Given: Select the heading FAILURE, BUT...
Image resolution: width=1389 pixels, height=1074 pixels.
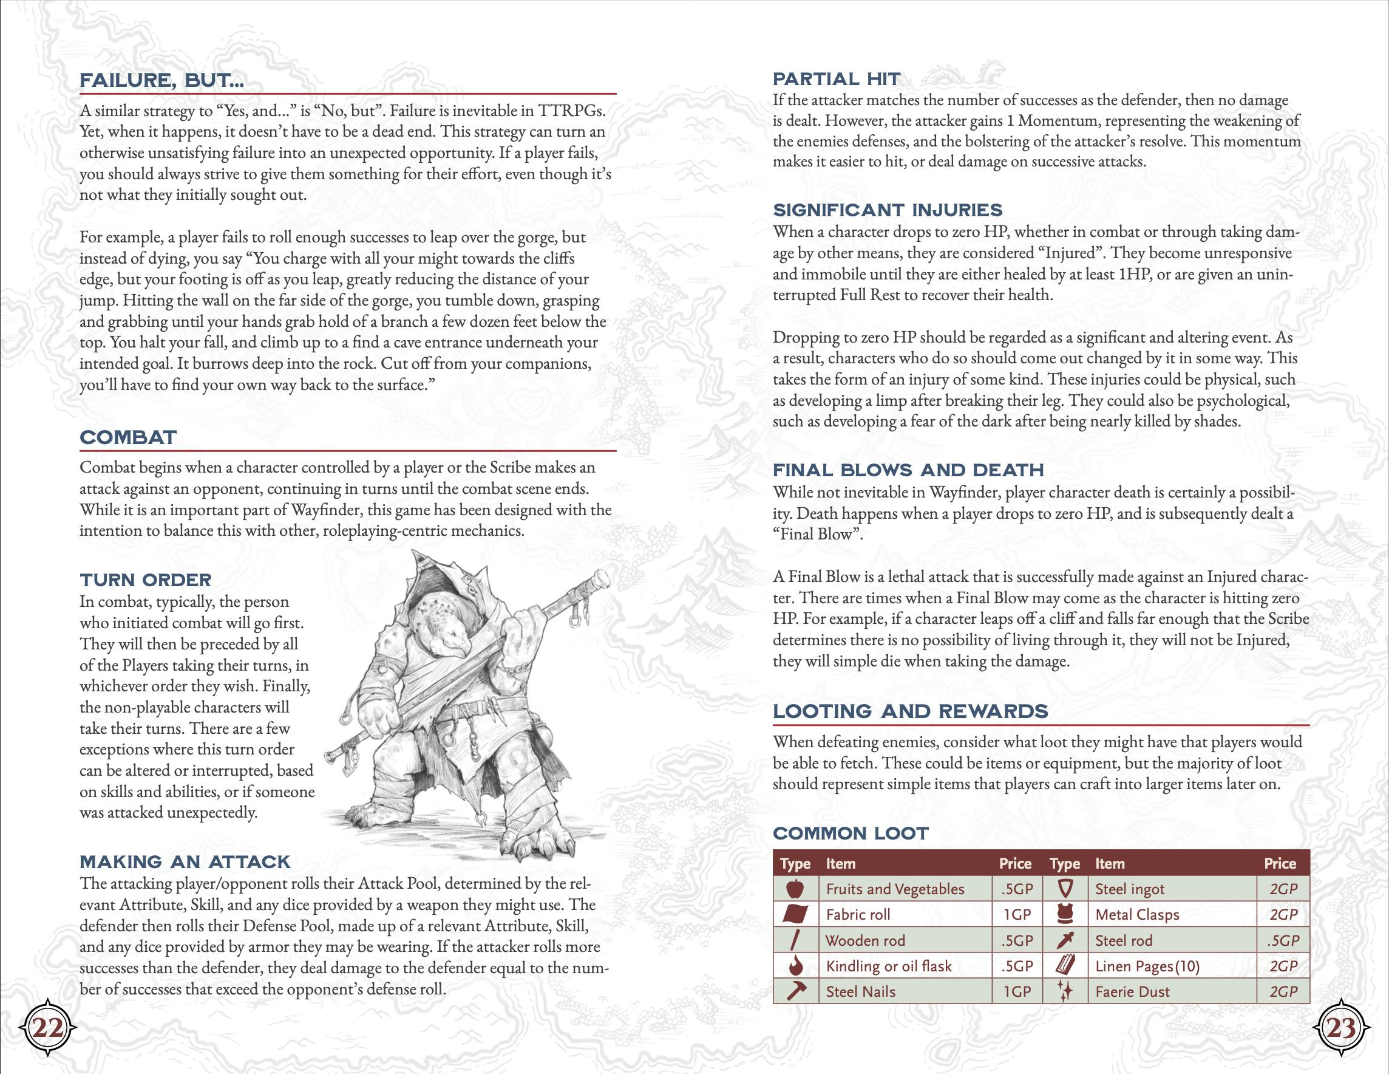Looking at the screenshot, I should [161, 81].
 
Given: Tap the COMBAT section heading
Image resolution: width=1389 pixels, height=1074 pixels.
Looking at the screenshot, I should [128, 438].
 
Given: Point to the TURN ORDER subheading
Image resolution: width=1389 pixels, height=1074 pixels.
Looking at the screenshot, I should [146, 580].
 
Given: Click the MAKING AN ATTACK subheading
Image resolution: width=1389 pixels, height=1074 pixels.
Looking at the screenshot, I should [185, 862].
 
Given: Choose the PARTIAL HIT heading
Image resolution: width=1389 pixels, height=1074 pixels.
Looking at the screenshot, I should [837, 79].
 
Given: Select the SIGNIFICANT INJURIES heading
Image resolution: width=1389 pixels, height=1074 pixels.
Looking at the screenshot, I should [887, 210].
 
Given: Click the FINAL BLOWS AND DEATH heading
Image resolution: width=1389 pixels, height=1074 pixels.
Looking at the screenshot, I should [908, 470].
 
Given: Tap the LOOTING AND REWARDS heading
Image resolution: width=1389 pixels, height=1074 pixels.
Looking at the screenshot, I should [910, 711].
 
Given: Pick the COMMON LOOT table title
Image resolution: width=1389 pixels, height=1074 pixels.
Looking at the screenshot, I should [851, 833].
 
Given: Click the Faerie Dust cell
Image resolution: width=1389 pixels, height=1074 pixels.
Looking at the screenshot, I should [1132, 991].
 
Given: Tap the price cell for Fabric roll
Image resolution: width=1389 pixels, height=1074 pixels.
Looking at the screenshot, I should [1017, 914].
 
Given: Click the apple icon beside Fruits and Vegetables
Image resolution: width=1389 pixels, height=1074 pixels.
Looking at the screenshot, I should [796, 889].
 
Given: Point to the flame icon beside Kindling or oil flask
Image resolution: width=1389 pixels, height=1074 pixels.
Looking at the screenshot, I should [795, 966].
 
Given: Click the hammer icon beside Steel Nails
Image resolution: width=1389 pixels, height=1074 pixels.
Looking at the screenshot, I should [796, 991].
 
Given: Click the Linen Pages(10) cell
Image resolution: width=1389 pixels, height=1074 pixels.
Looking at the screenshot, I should [1147, 966].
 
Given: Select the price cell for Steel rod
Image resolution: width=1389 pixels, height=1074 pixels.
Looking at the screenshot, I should [1283, 940].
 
